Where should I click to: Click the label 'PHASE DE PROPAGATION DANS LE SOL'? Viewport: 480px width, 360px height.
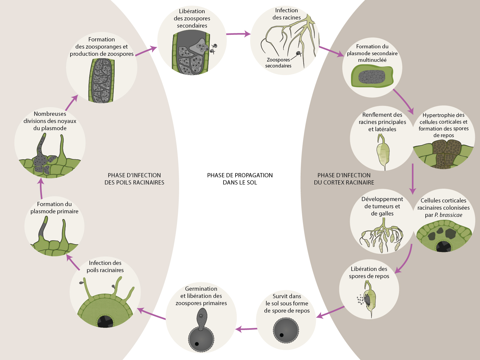click(x=240, y=179)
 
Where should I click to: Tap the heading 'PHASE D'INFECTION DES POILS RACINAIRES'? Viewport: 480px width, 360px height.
click(x=134, y=179)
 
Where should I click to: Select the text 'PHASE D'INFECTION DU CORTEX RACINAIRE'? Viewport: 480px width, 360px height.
click(x=344, y=179)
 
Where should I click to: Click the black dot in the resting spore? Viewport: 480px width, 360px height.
click(x=282, y=335)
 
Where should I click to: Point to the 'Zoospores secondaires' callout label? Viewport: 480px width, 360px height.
click(x=278, y=63)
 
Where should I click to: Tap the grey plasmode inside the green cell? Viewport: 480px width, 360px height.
click(x=372, y=77)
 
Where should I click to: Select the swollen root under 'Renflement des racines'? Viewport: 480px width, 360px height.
click(x=383, y=153)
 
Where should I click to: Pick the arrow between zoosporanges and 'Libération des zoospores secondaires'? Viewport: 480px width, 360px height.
click(x=146, y=51)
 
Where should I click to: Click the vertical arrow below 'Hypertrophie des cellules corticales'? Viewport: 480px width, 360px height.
click(x=413, y=179)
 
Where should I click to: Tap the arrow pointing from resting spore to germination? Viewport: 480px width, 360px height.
click(x=246, y=329)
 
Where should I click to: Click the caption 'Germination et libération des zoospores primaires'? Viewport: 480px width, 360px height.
click(x=201, y=296)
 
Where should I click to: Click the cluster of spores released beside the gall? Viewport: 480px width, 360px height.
click(x=360, y=299)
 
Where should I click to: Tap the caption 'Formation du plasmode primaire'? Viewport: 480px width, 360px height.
click(x=54, y=208)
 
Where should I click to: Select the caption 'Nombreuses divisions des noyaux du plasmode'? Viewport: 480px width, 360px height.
click(x=50, y=121)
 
